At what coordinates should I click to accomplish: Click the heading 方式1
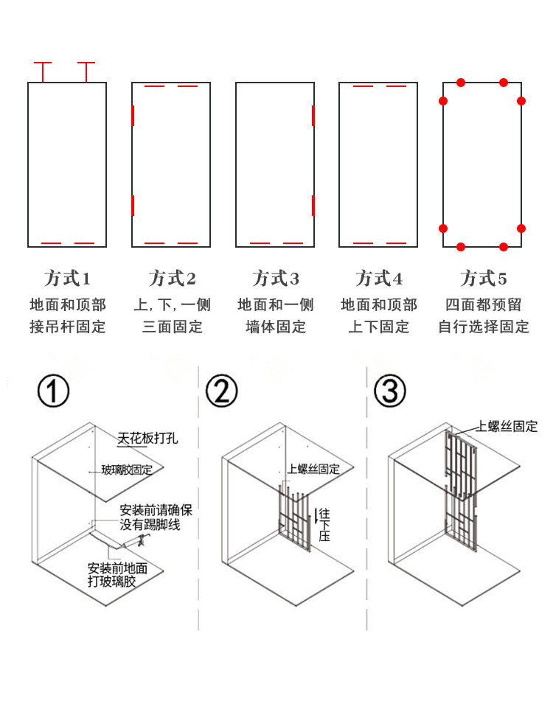click(x=67, y=279)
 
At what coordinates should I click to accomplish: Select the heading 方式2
click(x=172, y=279)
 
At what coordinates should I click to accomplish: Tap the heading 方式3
click(x=276, y=279)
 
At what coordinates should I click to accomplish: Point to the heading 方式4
click(x=379, y=279)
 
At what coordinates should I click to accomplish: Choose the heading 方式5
click(x=484, y=279)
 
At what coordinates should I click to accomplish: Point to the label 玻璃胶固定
click(x=127, y=470)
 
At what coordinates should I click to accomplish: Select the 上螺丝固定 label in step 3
click(x=507, y=426)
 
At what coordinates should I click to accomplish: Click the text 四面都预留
click(x=483, y=305)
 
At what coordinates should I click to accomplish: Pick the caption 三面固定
click(x=172, y=327)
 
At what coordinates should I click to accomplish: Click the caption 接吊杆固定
click(x=67, y=327)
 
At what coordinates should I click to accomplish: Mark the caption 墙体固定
click(x=276, y=327)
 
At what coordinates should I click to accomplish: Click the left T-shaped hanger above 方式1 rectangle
click(x=43, y=72)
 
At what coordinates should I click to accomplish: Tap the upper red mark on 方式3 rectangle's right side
click(x=313, y=115)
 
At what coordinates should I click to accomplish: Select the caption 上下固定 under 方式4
click(x=379, y=327)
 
